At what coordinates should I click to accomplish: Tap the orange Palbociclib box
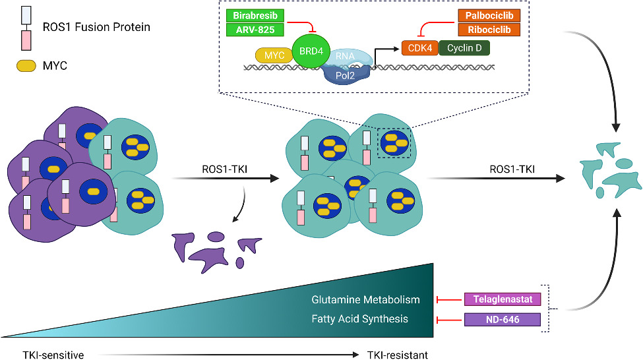point(489,15)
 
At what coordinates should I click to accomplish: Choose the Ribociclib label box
point(489,30)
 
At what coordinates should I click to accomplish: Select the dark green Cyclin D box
point(464,48)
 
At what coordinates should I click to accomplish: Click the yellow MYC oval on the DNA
point(274,55)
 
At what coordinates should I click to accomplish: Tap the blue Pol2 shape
point(346,74)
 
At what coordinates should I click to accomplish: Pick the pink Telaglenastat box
point(503,300)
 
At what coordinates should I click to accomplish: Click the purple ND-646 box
point(503,320)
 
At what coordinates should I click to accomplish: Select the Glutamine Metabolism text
point(365,300)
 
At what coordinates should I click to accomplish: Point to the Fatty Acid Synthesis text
point(369,319)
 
